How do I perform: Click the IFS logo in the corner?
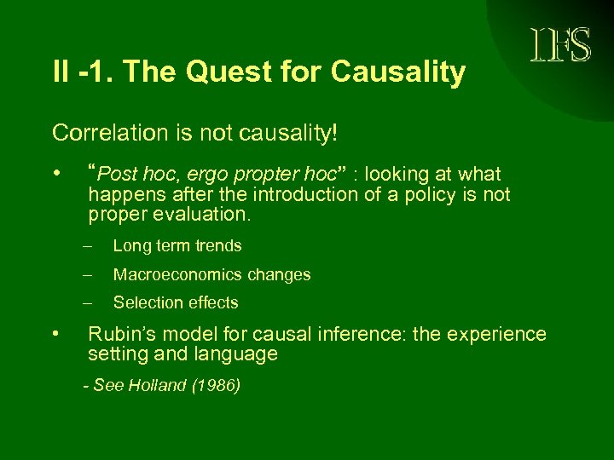[x=560, y=45]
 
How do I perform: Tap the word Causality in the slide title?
[x=398, y=73]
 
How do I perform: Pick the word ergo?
[x=205, y=175]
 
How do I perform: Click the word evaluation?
[x=206, y=215]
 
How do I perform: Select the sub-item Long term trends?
[x=177, y=246]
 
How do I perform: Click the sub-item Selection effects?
[x=176, y=302]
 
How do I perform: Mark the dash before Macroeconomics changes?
[x=87, y=274]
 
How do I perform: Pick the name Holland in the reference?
[x=157, y=386]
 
